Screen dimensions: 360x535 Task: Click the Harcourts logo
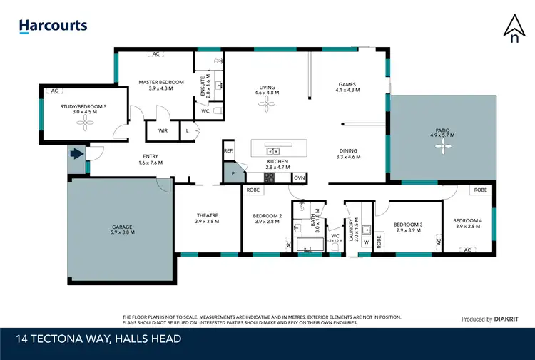click(x=53, y=26)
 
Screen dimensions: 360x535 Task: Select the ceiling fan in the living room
click(x=267, y=103)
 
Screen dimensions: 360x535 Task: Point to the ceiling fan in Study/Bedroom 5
click(x=85, y=123)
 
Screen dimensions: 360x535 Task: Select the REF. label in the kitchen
click(x=228, y=151)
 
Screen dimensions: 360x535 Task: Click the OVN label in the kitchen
click(x=299, y=178)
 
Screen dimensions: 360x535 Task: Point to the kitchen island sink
click(x=272, y=151)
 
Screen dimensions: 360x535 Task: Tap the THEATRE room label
click(x=208, y=216)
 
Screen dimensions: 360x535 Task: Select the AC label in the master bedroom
click(x=157, y=54)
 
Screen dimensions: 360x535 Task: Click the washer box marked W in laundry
click(x=366, y=242)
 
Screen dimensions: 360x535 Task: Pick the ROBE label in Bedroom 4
click(x=481, y=190)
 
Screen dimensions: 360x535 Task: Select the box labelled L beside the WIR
click(x=187, y=130)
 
